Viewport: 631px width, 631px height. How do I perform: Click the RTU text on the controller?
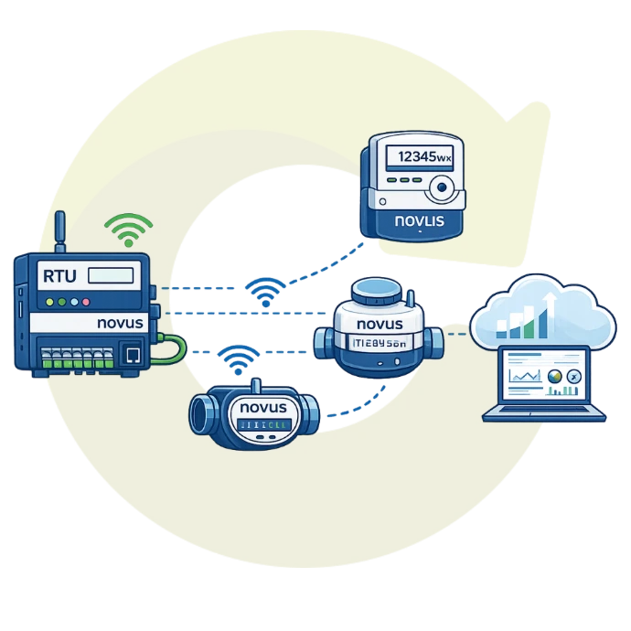pyautogui.click(x=59, y=273)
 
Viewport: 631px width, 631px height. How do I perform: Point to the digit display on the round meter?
pyautogui.click(x=378, y=342)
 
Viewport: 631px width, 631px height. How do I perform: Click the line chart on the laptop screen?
pyautogui.click(x=524, y=375)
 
